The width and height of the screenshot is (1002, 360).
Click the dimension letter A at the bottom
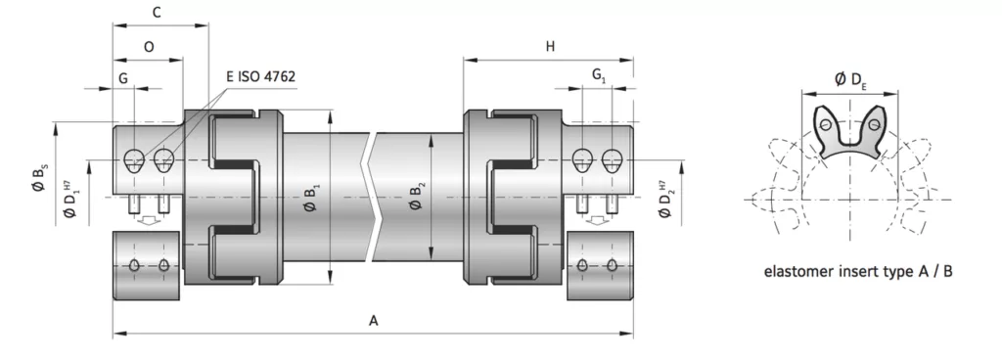point(374,321)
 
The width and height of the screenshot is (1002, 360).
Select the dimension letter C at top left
point(157,12)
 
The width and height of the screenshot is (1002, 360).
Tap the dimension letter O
point(149,47)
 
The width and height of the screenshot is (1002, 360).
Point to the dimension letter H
point(550,47)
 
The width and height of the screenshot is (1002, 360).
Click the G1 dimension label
point(599,75)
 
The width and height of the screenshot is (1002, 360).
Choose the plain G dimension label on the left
point(123,78)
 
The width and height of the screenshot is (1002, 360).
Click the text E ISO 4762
point(260,76)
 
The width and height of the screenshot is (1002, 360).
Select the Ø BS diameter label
point(39,178)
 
